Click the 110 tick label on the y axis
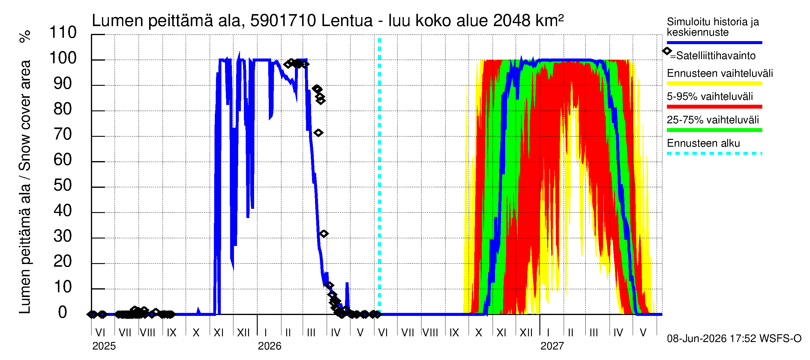pyautogui.click(x=63, y=32)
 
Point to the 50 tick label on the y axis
pyautogui.click(x=63, y=185)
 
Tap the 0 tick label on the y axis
pyautogui.click(x=63, y=312)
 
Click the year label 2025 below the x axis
pyautogui.click(x=104, y=346)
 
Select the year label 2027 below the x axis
pyautogui.click(x=552, y=346)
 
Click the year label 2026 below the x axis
pyautogui.click(x=269, y=346)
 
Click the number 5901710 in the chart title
pyautogui.click(x=283, y=21)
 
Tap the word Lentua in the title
pyautogui.click(x=347, y=21)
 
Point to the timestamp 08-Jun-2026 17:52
pyautogui.click(x=712, y=339)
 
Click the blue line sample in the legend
pyautogui.click(x=714, y=42)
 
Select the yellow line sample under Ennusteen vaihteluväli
pyautogui.click(x=714, y=83)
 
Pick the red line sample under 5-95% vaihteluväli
pyautogui.click(x=714, y=107)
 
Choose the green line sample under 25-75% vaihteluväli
pyautogui.click(x=714, y=130)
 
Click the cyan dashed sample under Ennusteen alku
pyautogui.click(x=714, y=153)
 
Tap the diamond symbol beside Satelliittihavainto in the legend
pyautogui.click(x=667, y=51)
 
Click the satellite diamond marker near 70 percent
pyautogui.click(x=318, y=133)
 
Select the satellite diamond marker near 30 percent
pyautogui.click(x=324, y=234)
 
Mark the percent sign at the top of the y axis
pyautogui.click(x=25, y=37)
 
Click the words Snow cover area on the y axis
pyautogui.click(x=25, y=116)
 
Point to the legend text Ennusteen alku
pyautogui.click(x=703, y=143)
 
